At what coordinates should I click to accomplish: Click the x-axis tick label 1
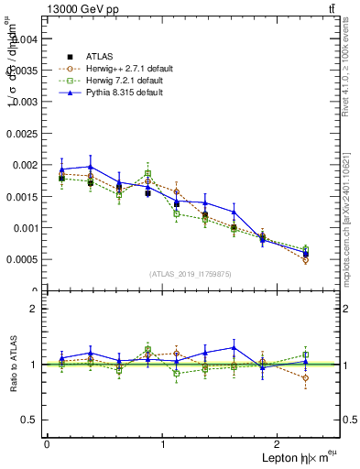pos(163,444)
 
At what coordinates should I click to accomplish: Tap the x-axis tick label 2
pos(279,444)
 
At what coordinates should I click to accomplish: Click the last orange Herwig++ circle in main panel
pos(305,260)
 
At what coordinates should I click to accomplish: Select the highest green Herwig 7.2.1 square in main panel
pos(147,173)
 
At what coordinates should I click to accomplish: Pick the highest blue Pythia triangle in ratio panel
pos(235,347)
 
